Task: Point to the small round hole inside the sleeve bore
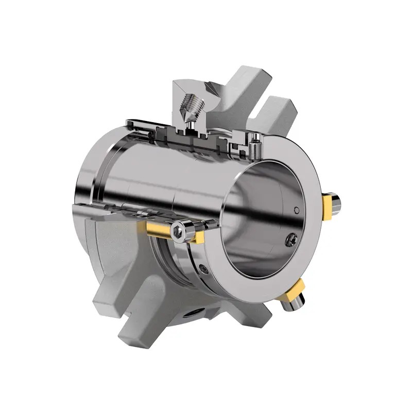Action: (x=296, y=210)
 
